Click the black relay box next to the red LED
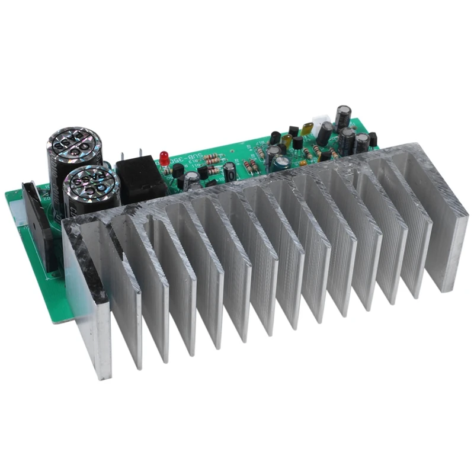click(x=141, y=178)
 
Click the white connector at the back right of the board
click(x=323, y=129)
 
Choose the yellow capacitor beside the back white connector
click(x=307, y=129)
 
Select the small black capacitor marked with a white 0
click(x=230, y=172)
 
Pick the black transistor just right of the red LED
click(x=178, y=171)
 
